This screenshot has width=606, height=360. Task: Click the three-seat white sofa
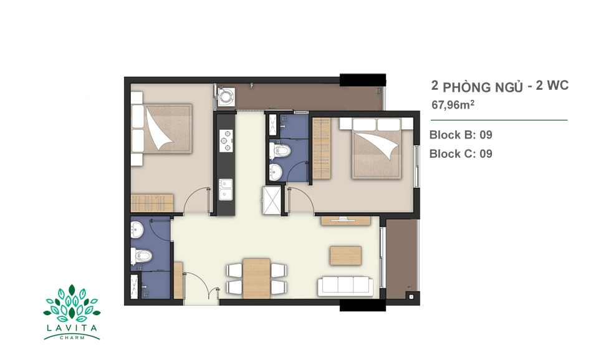345,286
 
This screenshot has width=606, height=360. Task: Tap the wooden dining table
257,278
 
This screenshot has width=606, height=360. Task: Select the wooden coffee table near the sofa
346,256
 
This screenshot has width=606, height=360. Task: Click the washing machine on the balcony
226,97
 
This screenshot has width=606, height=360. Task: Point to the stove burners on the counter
226,140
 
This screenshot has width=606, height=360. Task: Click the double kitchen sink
226,189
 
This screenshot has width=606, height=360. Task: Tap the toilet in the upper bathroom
279,151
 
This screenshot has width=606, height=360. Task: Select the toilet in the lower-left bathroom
141,256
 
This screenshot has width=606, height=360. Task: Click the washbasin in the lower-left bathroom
137,231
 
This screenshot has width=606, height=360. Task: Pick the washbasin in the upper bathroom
276,172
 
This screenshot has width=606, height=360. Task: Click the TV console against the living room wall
345,221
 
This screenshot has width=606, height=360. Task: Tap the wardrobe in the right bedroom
322,148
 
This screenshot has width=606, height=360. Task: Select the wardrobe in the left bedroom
152,203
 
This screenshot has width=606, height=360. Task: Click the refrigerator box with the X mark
272,200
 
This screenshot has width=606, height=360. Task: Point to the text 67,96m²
453,104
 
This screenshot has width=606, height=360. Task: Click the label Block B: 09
461,135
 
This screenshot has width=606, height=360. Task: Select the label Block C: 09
461,154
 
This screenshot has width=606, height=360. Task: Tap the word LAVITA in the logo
72,328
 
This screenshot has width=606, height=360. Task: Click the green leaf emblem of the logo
72,304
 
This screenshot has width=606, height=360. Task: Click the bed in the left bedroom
161,129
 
